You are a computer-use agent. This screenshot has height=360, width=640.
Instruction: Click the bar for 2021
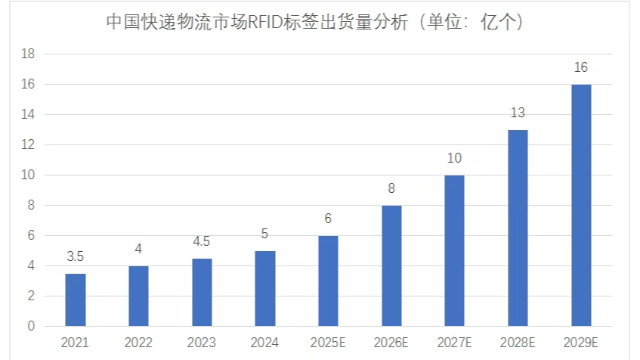coord(75,300)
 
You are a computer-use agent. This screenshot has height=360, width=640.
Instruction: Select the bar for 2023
coord(202,292)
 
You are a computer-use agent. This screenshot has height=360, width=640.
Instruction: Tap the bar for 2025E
coord(328,281)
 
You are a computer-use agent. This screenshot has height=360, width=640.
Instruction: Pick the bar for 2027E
coord(454,251)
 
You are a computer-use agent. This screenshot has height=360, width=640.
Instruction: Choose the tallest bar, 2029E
coord(581,205)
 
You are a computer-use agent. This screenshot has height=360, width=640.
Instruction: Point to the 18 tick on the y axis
coord(29,54)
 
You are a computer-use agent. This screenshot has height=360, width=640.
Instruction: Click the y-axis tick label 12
coord(29,145)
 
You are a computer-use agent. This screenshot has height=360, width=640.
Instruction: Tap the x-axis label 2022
coord(139,344)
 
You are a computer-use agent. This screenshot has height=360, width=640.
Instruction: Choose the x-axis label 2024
coord(265,344)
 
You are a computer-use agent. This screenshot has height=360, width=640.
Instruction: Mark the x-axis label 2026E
coord(391,344)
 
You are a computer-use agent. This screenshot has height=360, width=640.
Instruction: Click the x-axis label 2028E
coord(518,344)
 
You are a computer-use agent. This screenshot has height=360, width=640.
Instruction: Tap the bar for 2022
coord(139,296)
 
